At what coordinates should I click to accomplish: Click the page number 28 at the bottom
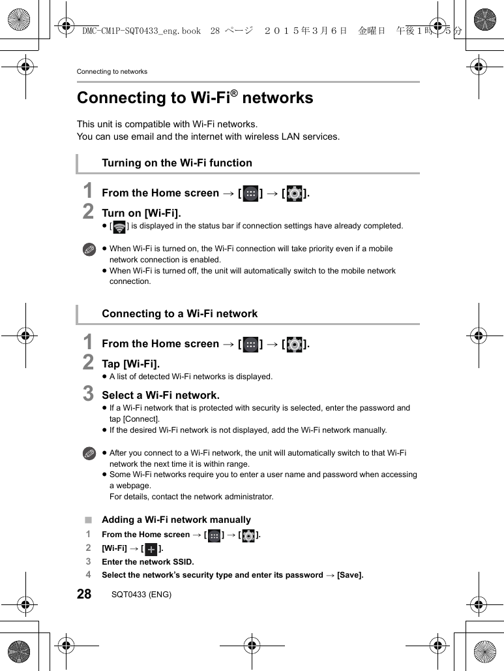pyautogui.click(x=84, y=594)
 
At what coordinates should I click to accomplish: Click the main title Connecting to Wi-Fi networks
pyautogui.click(x=195, y=98)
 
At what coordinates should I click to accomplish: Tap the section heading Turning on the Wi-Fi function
pyautogui.click(x=177, y=163)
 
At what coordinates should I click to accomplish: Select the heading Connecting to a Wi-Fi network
pyautogui.click(x=179, y=314)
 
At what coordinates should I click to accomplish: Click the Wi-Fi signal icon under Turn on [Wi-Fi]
pyautogui.click(x=119, y=226)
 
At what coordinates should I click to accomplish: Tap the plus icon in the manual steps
pyautogui.click(x=151, y=549)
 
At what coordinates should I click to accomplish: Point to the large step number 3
pyautogui.click(x=88, y=394)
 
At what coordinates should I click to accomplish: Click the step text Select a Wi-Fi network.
pyautogui.click(x=160, y=396)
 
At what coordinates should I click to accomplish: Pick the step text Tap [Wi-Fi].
pyautogui.click(x=130, y=364)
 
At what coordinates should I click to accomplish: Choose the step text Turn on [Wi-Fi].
pyautogui.click(x=141, y=213)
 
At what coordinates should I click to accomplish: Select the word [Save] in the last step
pyautogui.click(x=349, y=575)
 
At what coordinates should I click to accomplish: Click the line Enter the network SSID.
pyautogui.click(x=148, y=562)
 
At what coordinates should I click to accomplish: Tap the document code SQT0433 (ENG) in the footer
pyautogui.click(x=141, y=595)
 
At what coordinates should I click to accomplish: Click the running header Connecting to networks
pyautogui.click(x=112, y=71)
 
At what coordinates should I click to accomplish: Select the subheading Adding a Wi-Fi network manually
pyautogui.click(x=176, y=520)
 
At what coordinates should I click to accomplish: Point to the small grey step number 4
pyautogui.click(x=88, y=574)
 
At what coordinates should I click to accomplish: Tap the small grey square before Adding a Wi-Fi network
pyautogui.click(x=88, y=520)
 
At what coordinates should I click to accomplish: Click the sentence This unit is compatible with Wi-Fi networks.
pyautogui.click(x=167, y=124)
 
